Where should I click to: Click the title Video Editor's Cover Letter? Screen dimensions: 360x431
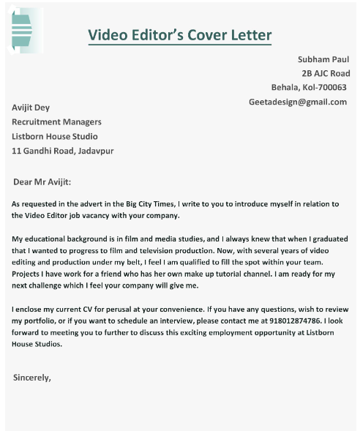click(179, 35)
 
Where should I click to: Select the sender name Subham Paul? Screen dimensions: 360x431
click(323, 59)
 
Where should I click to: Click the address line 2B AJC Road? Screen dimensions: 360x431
click(326, 73)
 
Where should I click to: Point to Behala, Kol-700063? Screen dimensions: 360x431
click(309, 88)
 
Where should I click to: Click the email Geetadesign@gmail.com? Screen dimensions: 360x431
click(298, 102)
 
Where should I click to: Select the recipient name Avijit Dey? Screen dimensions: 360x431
click(31, 108)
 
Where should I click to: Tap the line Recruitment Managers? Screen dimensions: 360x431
click(57, 122)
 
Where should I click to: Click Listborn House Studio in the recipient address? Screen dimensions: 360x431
click(55, 136)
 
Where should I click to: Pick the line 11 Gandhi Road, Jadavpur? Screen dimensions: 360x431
click(63, 151)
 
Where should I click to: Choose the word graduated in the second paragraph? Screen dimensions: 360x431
click(330, 239)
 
